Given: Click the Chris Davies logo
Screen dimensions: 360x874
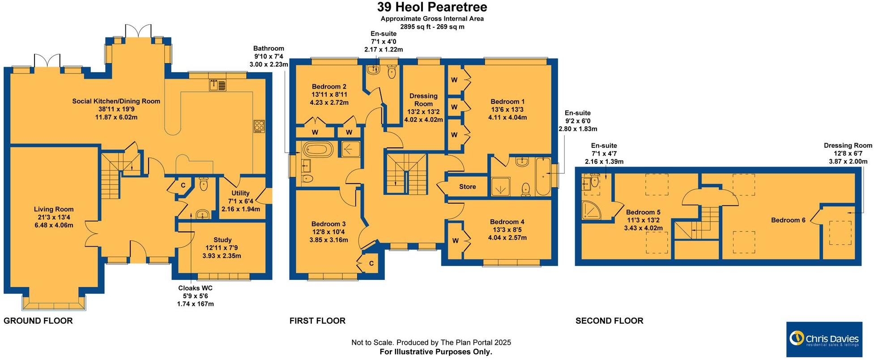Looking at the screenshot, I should click(824, 339).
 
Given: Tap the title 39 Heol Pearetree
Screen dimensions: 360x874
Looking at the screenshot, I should click(432, 7).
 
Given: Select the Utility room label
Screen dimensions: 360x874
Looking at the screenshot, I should click(240, 193).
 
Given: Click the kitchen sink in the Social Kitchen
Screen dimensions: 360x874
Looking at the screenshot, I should click(218, 84).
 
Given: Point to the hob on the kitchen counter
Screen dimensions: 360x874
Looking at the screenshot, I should click(259, 126).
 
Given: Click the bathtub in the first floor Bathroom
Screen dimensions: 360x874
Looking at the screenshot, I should click(317, 150).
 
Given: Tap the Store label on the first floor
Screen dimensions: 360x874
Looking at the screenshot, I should click(467, 187).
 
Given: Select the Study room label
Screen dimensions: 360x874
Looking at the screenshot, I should click(222, 240).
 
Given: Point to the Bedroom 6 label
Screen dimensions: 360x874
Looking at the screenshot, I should click(788, 220).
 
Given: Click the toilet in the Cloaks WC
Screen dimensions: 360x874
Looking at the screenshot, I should click(204, 184).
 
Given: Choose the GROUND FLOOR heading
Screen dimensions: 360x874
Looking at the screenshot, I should click(38, 321).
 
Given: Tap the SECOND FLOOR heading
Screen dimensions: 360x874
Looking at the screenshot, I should click(609, 321).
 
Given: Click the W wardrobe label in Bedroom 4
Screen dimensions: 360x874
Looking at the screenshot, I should click(455, 241).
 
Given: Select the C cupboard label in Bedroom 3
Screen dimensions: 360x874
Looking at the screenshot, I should click(371, 264).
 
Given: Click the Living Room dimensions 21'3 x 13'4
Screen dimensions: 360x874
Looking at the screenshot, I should click(54, 217).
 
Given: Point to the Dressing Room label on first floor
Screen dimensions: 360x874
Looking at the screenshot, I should click(423, 99).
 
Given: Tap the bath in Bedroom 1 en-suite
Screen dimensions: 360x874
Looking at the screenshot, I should click(543, 176).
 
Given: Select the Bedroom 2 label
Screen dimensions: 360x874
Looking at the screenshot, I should click(329, 87).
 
